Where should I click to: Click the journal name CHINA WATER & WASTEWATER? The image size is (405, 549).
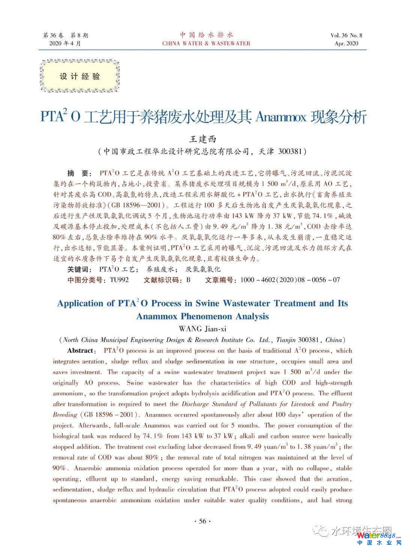point(206,43)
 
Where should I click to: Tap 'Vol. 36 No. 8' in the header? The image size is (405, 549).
point(346,35)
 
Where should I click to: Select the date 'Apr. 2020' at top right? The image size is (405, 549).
point(346,43)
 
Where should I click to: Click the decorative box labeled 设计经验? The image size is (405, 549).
point(80,76)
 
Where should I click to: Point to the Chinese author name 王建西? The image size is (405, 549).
point(203,139)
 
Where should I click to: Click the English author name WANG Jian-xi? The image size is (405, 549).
point(202,329)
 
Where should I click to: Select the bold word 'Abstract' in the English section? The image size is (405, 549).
point(80,351)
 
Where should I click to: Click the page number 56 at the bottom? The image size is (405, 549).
point(202,521)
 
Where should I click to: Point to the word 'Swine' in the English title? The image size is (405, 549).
point(205,303)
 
